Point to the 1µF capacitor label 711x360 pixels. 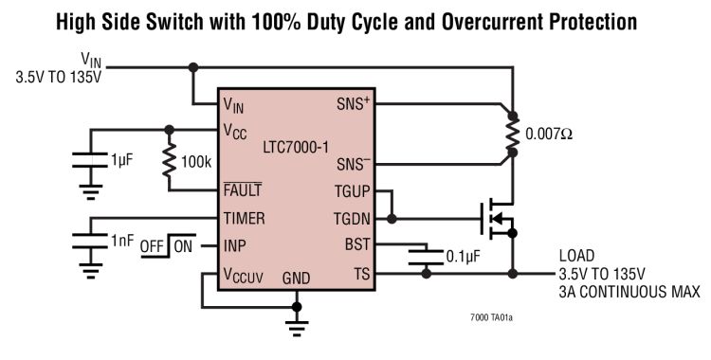click(122, 161)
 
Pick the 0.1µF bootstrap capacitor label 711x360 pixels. click(461, 256)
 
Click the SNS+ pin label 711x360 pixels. click(353, 103)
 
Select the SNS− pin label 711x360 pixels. click(353, 163)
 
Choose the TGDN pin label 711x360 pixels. click(352, 218)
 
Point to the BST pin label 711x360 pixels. click(357, 245)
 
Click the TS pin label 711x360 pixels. click(361, 274)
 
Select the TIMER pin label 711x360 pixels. click(244, 218)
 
